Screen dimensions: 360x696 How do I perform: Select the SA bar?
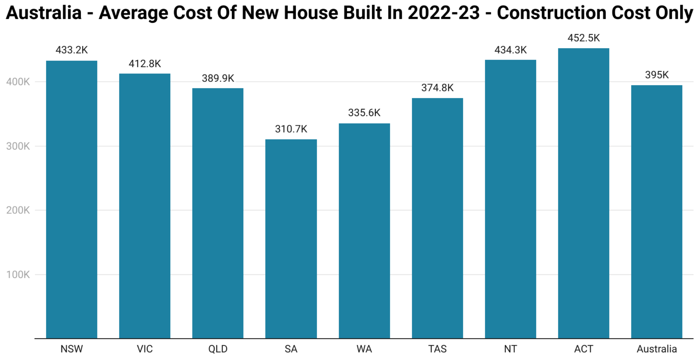click(291, 238)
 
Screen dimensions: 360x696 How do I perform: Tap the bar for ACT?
click(583, 193)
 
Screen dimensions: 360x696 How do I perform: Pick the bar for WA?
click(364, 230)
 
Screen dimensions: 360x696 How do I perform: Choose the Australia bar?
click(657, 211)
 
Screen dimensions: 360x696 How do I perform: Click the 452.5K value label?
click(583, 38)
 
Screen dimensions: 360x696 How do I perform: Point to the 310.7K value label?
click(291, 129)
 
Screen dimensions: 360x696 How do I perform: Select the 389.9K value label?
click(218, 78)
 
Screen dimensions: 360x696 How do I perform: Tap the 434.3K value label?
click(511, 50)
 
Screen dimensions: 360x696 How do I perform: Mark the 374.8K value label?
click(437, 88)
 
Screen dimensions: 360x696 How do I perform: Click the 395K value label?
click(657, 75)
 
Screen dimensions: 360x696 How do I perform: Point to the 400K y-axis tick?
click(18, 82)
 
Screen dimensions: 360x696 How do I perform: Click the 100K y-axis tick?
click(18, 275)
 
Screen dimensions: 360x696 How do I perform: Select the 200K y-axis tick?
click(18, 210)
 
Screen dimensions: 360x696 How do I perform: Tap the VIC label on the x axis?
click(144, 349)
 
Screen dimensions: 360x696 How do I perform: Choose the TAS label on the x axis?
click(437, 349)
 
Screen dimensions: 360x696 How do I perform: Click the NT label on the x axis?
click(511, 349)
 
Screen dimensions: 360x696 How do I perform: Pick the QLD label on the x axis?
click(218, 349)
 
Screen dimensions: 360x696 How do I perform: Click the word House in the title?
click(311, 13)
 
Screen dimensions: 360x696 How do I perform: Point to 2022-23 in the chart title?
click(443, 13)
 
